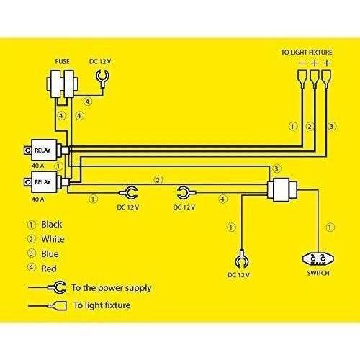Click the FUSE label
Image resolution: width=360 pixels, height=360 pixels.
click(x=62, y=62)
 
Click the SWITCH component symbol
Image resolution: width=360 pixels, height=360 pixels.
click(x=318, y=259)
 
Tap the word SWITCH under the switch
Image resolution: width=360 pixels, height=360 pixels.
click(x=318, y=273)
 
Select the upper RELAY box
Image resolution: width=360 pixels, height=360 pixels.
click(x=45, y=150)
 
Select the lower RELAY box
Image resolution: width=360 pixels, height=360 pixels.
click(x=45, y=182)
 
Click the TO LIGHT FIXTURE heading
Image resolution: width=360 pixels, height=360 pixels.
click(x=307, y=53)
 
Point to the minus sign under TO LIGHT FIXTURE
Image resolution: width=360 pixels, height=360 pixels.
click(x=302, y=63)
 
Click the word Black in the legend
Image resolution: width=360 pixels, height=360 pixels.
click(x=52, y=225)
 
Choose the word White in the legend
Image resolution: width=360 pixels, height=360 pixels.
click(x=53, y=239)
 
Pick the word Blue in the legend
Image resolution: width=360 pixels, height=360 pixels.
click(x=50, y=254)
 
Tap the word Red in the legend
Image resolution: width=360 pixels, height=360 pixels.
click(x=49, y=269)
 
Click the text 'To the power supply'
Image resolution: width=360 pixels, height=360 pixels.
click(x=112, y=288)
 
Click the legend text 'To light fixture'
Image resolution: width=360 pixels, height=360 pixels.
click(x=102, y=305)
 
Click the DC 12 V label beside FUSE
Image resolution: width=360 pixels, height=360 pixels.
click(x=100, y=62)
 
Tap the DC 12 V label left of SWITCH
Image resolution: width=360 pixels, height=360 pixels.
click(x=238, y=275)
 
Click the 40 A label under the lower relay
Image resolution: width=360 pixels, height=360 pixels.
click(x=37, y=199)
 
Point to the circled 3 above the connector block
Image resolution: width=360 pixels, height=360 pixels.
click(x=276, y=168)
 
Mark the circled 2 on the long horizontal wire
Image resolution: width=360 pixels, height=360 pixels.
click(x=158, y=180)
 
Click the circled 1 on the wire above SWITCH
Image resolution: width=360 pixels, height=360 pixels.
click(x=330, y=228)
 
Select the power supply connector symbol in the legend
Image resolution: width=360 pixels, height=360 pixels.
click(x=58, y=287)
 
